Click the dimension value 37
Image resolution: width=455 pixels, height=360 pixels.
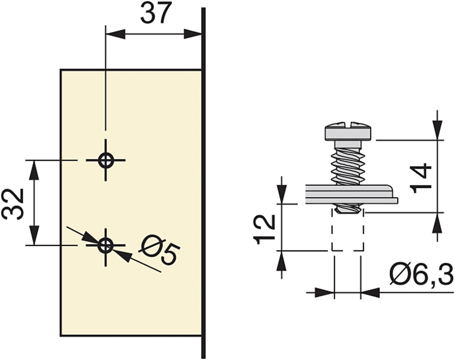(x=154, y=14)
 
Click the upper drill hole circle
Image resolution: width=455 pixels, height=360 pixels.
(x=106, y=160)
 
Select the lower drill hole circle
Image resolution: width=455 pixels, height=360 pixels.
(x=106, y=245)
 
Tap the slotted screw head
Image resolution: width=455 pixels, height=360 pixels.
(x=348, y=132)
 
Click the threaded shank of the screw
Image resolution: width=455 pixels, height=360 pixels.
(x=348, y=164)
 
